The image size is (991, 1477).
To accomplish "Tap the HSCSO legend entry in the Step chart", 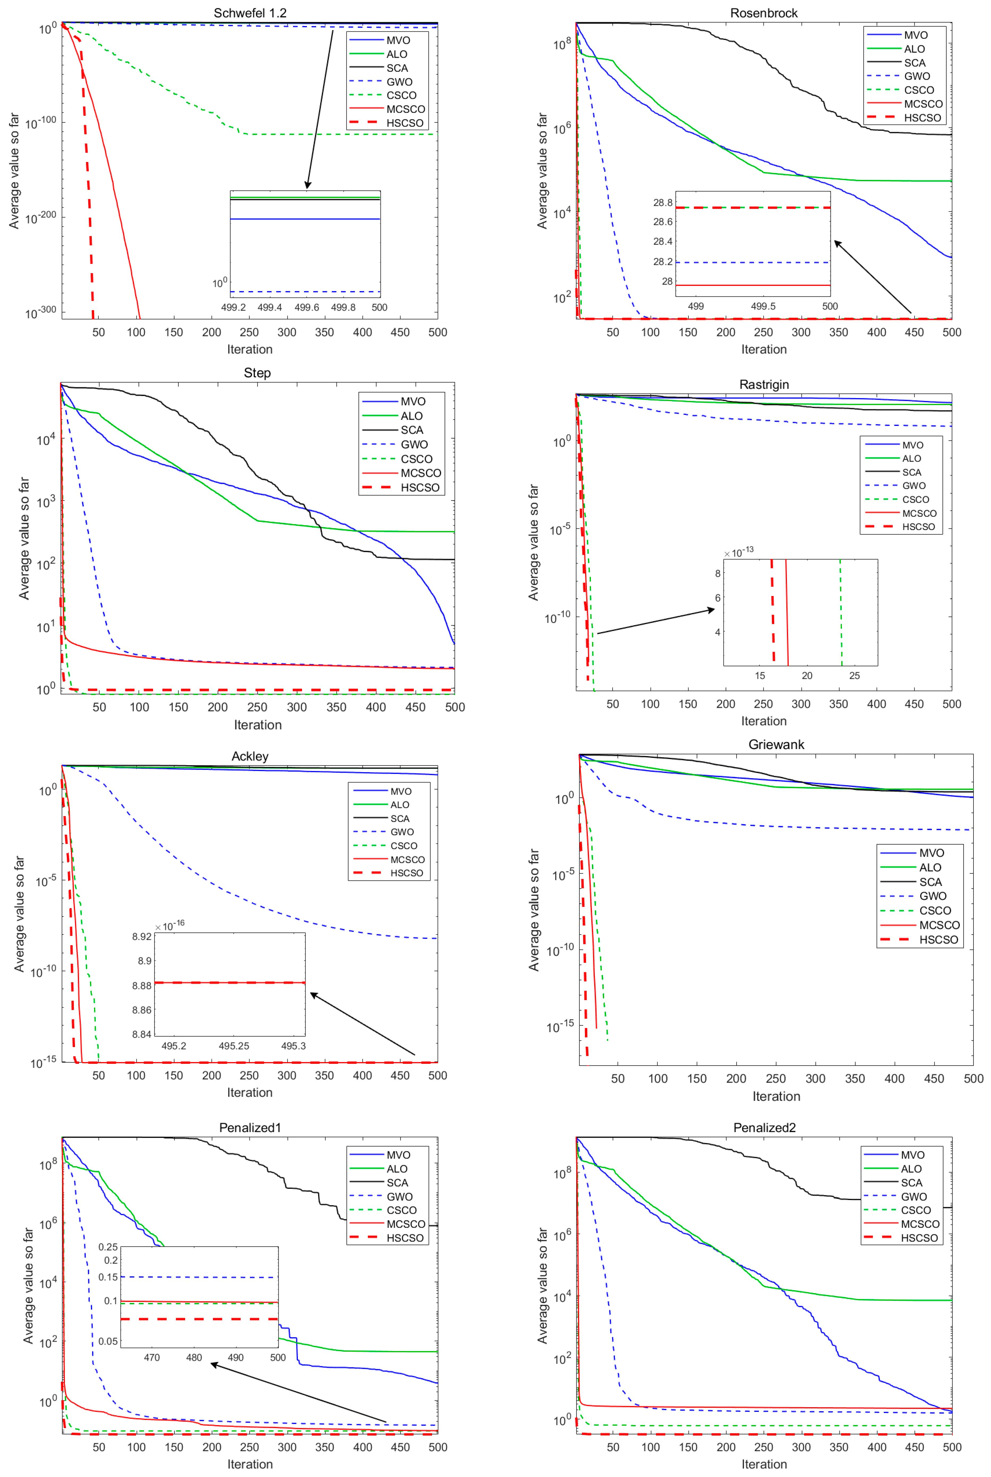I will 420,487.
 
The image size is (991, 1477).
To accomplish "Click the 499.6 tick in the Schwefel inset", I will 307,307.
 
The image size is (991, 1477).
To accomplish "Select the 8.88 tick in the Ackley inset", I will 141,986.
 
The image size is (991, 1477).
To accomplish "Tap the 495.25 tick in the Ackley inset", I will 234,1046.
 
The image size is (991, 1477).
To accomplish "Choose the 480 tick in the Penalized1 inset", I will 194,1358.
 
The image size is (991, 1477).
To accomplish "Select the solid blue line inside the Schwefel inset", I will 305,219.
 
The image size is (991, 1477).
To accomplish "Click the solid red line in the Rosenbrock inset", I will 752,285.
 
